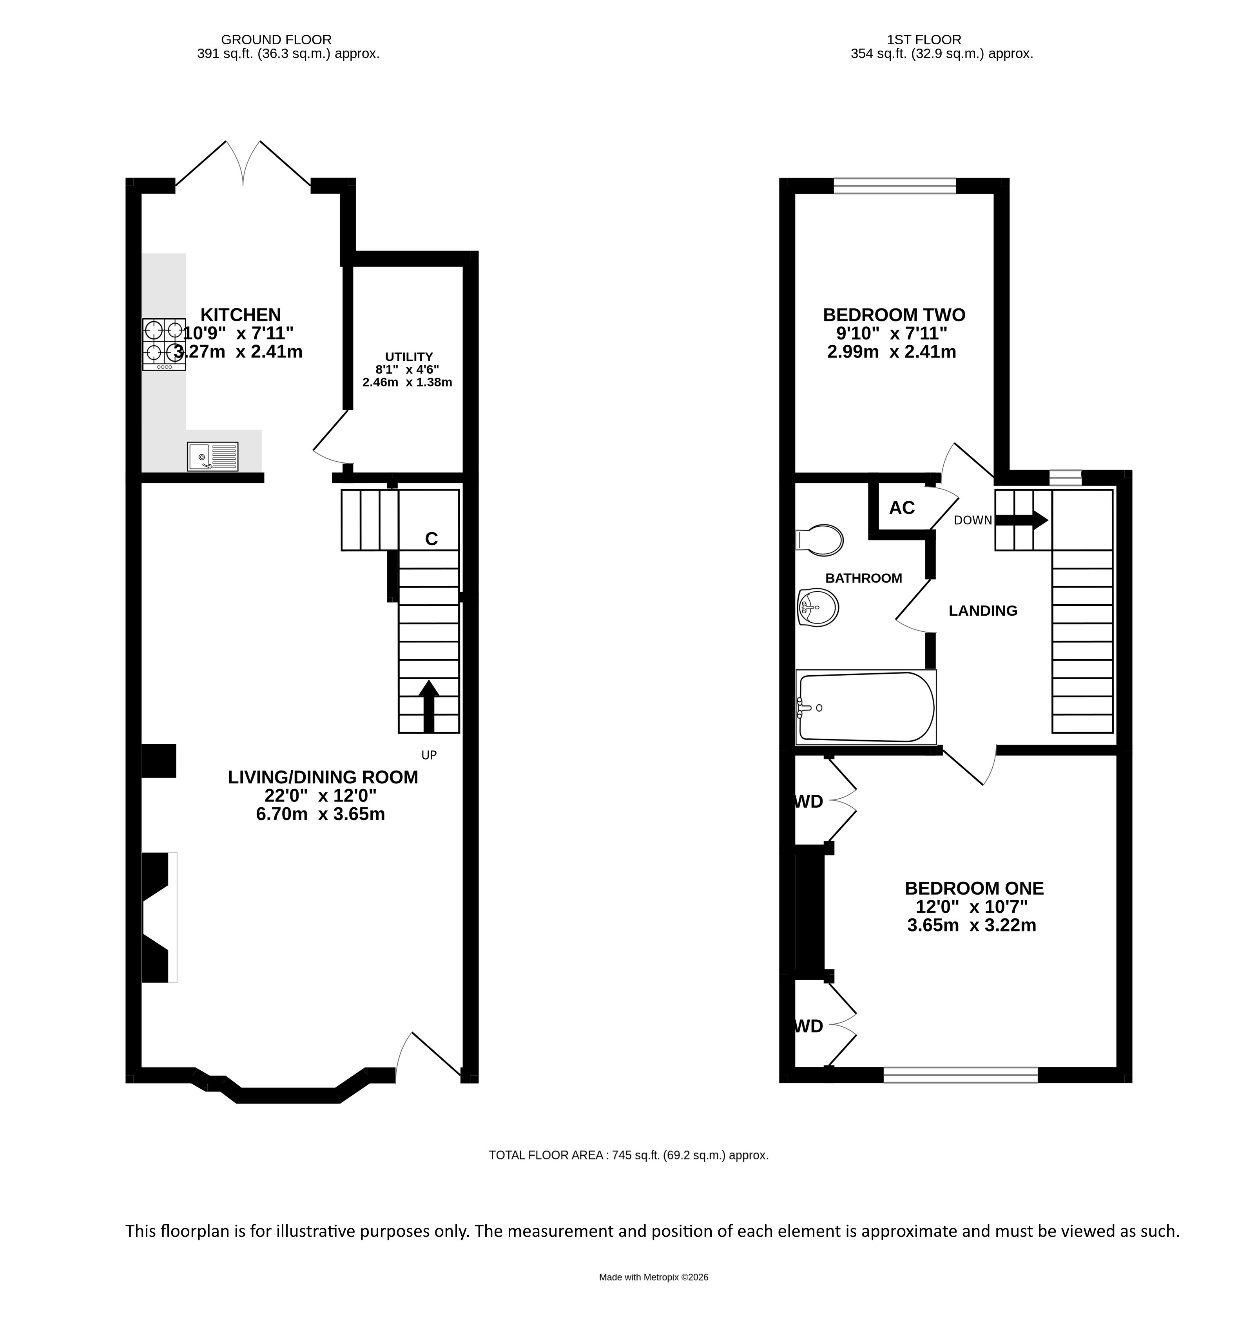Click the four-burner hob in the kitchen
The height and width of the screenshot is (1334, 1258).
click(x=164, y=344)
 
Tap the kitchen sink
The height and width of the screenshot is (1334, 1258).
click(x=213, y=456)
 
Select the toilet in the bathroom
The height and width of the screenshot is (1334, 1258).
click(x=819, y=540)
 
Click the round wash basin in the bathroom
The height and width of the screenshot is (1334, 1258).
click(x=818, y=608)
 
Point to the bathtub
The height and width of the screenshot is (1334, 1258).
click(x=865, y=707)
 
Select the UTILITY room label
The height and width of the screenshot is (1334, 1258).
click(x=409, y=357)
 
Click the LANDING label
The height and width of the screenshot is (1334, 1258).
click(x=983, y=611)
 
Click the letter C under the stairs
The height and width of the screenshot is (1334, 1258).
click(x=431, y=539)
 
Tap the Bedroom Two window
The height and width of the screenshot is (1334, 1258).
click(x=894, y=186)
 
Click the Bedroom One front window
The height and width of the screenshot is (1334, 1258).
click(x=961, y=1074)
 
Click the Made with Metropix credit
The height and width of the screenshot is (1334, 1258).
click(x=653, y=1277)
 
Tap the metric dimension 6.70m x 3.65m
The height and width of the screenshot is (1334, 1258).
click(x=321, y=814)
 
